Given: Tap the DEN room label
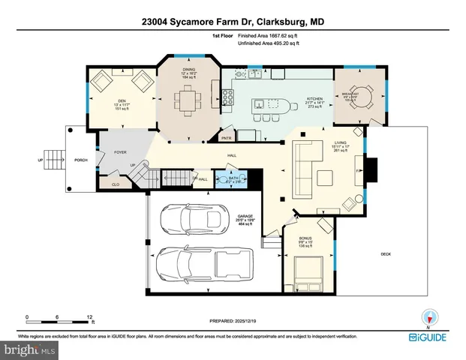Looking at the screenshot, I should (x=121, y=100).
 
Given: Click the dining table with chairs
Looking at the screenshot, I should (x=188, y=100).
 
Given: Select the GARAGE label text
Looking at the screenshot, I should (x=245, y=215).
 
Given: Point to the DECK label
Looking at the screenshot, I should (x=385, y=254).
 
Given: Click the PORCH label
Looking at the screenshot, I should (x=81, y=160).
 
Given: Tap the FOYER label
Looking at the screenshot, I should (x=120, y=151).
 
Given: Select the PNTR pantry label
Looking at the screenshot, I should (x=227, y=138).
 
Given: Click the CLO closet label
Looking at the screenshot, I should (x=116, y=183).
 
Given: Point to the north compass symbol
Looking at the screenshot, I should (x=429, y=316).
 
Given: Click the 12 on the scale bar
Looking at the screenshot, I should (x=89, y=317).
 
